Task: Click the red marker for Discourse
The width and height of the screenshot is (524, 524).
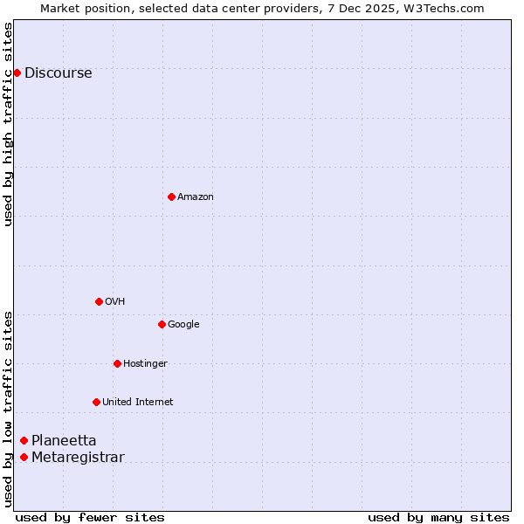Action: (17, 72)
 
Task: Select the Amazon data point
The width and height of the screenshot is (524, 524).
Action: (171, 196)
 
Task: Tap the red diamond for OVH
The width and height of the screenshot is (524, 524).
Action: (99, 301)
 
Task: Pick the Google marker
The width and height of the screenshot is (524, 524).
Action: (162, 324)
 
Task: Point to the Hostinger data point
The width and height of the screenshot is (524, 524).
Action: (117, 363)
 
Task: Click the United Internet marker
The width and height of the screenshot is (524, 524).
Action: (96, 402)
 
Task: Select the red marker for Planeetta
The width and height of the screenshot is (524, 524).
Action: (24, 440)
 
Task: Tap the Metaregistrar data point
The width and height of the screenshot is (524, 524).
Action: (24, 457)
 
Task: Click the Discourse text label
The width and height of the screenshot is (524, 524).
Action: (59, 73)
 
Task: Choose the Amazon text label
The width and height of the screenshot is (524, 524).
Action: (196, 197)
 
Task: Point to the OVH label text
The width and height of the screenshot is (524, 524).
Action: (115, 302)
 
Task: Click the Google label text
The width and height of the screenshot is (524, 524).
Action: (183, 325)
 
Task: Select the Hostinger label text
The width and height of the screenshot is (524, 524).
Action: (145, 364)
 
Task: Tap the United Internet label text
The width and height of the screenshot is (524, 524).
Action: (138, 403)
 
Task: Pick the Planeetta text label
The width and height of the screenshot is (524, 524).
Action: (64, 441)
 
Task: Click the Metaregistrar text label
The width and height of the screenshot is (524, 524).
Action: (78, 458)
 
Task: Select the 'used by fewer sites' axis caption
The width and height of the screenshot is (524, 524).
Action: (90, 518)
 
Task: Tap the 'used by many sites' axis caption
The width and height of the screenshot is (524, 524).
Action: (438, 518)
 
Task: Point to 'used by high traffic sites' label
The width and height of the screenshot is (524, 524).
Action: (8, 124)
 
